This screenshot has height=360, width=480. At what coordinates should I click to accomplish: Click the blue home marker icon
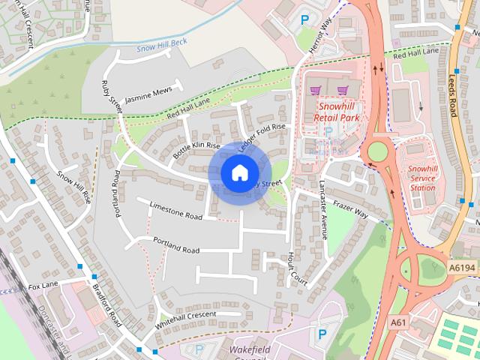click(x=238, y=173)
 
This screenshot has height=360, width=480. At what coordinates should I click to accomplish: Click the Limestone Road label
click(x=176, y=210)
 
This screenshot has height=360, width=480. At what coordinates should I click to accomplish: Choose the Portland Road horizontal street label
click(x=176, y=245)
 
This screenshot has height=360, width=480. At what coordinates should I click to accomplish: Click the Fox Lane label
click(x=43, y=286)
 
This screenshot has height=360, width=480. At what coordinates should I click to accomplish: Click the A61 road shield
click(x=399, y=322)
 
